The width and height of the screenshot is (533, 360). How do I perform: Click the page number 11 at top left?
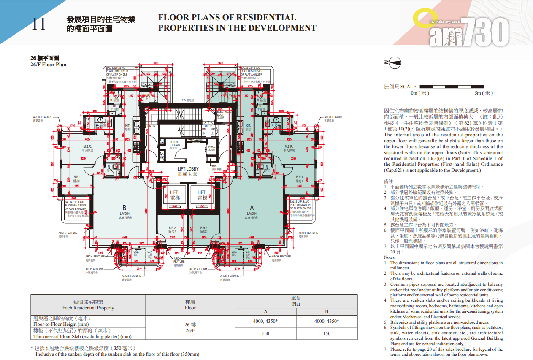tap(38, 24)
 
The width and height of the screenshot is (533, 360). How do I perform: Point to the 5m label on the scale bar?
tap(483, 93)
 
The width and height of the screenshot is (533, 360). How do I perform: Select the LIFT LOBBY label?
tap(188, 171)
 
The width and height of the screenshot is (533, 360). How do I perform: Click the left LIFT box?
tap(174, 195)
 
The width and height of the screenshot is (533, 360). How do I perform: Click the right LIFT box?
tap(202, 195)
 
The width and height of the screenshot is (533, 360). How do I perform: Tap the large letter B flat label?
tap(124, 208)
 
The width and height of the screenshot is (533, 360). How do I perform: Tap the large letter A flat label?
tap(252, 208)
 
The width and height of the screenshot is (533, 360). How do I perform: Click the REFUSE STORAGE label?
tap(175, 144)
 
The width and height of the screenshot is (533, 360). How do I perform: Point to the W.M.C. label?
tap(211, 147)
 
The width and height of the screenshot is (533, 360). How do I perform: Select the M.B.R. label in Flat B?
tap(88, 148)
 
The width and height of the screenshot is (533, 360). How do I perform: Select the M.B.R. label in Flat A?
tap(289, 148)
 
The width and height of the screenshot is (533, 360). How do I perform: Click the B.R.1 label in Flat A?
tap(299, 179)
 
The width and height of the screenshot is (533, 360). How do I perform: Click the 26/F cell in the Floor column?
tap(190, 328)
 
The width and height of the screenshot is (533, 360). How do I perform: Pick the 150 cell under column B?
tap(327, 333)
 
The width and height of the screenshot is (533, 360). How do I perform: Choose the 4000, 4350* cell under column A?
tap(265, 321)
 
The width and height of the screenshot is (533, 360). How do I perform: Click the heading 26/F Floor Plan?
tap(48, 65)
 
